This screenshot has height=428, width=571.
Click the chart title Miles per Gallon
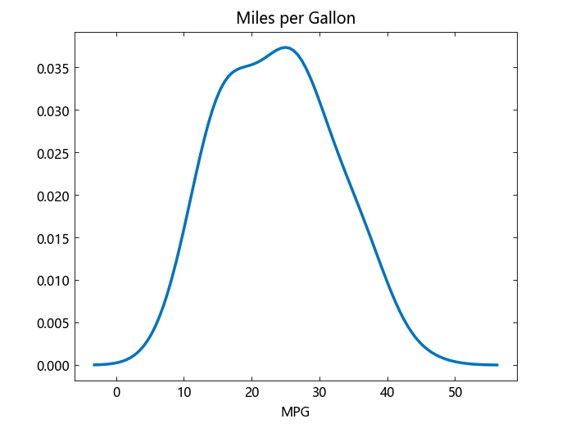coord(296,18)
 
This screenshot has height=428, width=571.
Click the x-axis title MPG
coord(296,412)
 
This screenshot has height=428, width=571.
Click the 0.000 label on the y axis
coord(52,365)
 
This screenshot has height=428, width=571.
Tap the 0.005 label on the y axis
coord(52,322)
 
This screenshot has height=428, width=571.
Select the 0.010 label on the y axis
coord(52,280)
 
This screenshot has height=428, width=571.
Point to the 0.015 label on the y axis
coord(52,237)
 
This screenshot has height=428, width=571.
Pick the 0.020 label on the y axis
coord(52,195)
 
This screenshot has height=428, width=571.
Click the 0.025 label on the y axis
coord(52,152)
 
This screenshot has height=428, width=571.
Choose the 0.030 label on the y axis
coord(52,110)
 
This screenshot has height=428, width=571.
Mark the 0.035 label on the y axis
coord(52,67)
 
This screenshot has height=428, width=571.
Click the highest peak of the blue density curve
coord(285,47)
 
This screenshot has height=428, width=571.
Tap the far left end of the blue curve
coord(94,364)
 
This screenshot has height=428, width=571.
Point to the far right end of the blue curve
coord(497,364)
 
